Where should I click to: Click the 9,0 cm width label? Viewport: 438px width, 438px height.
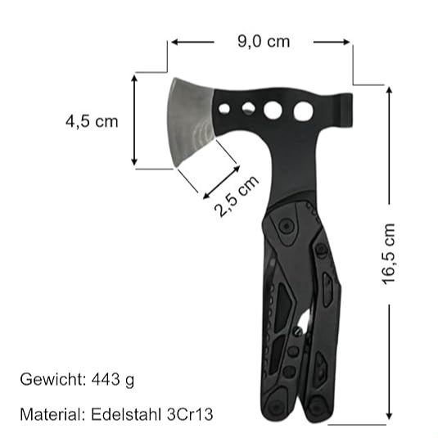(x=264, y=41)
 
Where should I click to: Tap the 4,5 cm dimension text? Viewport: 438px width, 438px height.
(x=92, y=122)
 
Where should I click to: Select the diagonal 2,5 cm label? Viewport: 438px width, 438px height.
(x=237, y=196)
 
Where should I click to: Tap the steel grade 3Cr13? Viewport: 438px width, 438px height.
(x=189, y=414)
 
